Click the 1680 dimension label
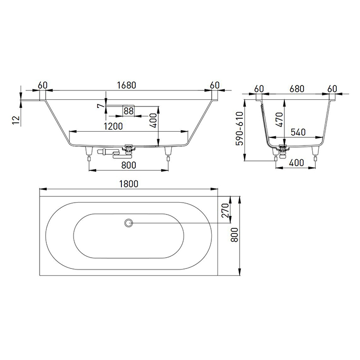pyautogui.click(x=127, y=85)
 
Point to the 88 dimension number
pyautogui.click(x=129, y=111)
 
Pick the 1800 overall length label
pyautogui.click(x=130, y=184)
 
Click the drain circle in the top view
pyautogui.click(x=129, y=223)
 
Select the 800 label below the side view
pyautogui.click(x=130, y=165)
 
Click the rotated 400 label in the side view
pyautogui.click(x=153, y=119)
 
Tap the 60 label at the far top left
pyautogui.click(x=43, y=85)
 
